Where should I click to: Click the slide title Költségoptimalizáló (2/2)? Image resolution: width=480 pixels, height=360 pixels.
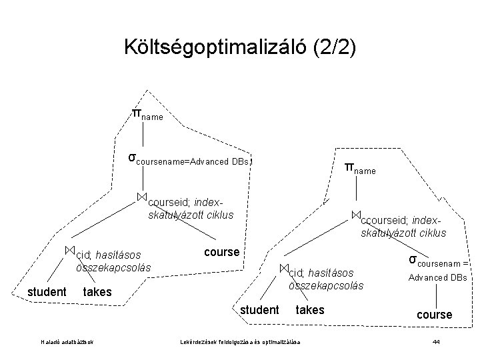coord(240,47)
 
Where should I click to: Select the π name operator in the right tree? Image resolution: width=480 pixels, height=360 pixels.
coord(360,167)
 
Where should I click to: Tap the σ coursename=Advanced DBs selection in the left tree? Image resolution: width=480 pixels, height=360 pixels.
coord(189,160)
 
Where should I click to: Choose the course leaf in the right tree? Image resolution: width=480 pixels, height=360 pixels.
coord(434,314)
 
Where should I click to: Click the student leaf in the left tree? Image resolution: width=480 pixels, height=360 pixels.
coord(47,292)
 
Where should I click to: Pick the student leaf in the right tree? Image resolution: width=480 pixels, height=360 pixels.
coord(259,309)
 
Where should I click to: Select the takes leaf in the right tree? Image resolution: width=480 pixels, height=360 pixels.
coord(309,309)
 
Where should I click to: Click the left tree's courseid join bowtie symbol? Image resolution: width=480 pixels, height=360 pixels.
coord(141,196)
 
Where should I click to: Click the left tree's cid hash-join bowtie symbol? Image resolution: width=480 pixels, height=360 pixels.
coord(69,249)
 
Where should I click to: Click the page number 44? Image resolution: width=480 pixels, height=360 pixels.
coord(436,342)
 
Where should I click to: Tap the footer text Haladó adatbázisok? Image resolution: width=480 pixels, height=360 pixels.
coord(67,343)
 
